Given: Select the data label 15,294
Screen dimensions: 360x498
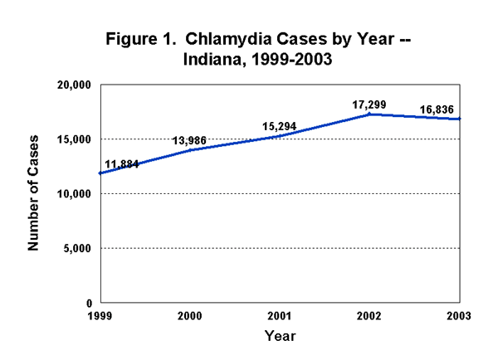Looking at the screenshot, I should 278,126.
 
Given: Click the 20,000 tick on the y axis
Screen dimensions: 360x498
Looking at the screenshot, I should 74,85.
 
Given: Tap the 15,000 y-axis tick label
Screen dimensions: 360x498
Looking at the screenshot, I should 74,139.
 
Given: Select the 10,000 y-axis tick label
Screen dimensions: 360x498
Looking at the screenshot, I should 74,194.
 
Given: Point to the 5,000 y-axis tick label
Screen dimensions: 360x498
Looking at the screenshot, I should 76,249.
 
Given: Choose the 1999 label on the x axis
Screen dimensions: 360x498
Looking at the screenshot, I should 99,316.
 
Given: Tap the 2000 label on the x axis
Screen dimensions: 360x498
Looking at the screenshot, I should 189,316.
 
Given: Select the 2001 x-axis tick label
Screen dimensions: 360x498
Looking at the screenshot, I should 279,316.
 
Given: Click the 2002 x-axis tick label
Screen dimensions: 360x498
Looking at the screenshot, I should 369,316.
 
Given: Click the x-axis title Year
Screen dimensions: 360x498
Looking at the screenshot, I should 279,336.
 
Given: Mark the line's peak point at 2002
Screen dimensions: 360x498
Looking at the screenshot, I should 369,114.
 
